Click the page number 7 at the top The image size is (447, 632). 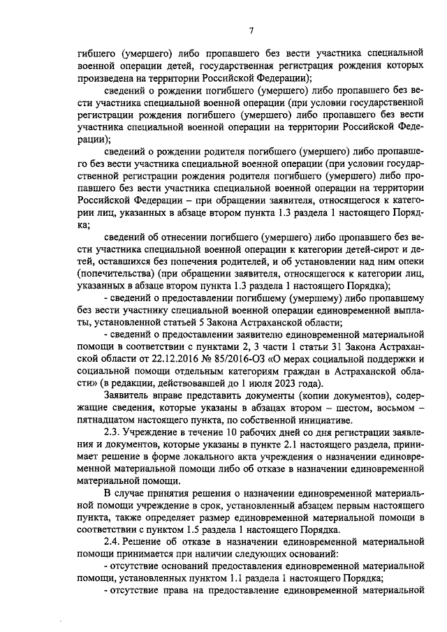click(x=252, y=29)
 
